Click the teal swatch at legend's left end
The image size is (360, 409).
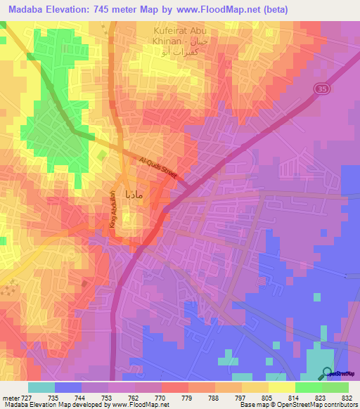(x=41, y=387)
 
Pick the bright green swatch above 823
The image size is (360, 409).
(x=308, y=387)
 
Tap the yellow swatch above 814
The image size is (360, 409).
(x=281, y=387)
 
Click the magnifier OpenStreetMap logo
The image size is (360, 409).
(x=328, y=373)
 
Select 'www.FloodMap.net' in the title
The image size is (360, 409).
(x=201, y=7)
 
